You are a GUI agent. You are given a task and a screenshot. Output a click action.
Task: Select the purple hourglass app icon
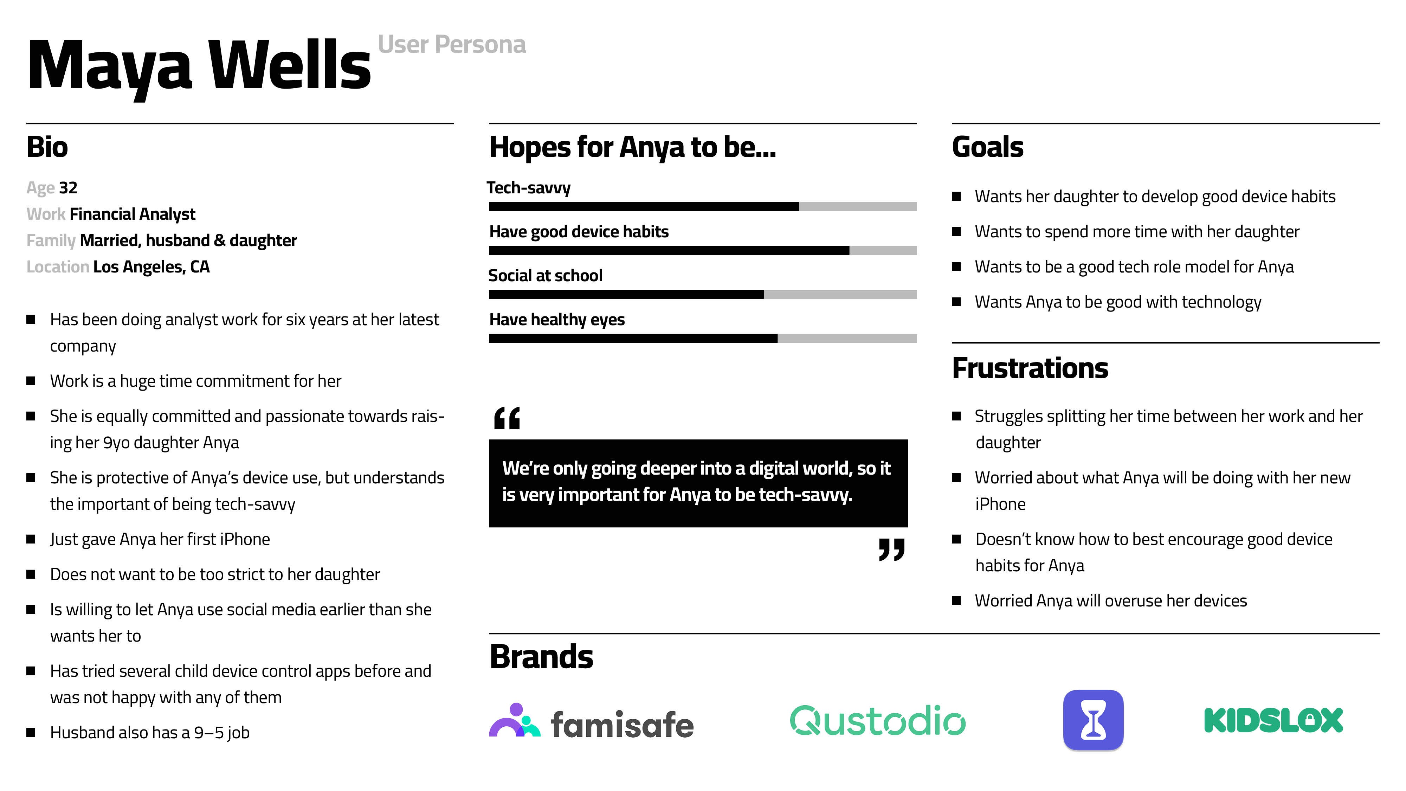pos(1093,720)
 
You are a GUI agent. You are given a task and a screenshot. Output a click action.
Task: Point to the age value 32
pos(68,188)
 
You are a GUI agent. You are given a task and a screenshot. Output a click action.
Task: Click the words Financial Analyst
pos(133,214)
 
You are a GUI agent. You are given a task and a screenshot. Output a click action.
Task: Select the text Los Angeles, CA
pos(152,267)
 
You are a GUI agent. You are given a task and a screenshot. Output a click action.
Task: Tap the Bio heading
pos(47,147)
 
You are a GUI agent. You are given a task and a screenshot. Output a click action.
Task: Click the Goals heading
pos(988,147)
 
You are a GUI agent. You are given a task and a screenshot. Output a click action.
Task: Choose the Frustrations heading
pos(1030,368)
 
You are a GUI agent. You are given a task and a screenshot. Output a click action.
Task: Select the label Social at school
pos(545,276)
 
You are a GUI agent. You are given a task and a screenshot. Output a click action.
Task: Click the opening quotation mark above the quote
pos(507,418)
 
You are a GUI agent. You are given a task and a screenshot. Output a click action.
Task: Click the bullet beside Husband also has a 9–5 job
pos(31,733)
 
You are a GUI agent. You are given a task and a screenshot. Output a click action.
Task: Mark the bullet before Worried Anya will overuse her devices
pos(956,600)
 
